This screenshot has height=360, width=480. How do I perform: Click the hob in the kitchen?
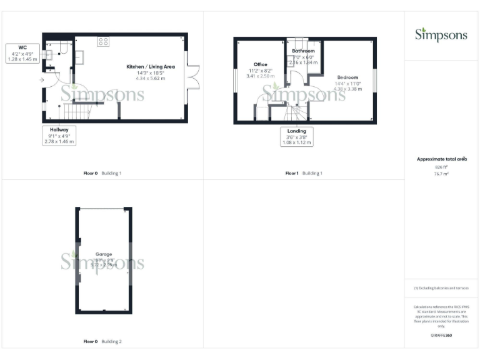103,42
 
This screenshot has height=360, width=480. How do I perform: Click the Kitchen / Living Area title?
151,66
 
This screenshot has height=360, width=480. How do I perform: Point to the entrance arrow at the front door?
42,80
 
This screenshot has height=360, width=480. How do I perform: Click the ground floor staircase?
79,112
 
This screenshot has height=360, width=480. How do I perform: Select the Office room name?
261,64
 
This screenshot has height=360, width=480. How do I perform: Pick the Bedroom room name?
347,77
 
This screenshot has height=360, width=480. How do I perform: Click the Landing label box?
297,131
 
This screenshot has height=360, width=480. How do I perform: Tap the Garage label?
104,254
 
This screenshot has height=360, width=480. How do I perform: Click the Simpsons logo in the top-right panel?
441,34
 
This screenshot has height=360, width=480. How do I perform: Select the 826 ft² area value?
442,167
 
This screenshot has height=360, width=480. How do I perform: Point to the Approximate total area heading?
442,159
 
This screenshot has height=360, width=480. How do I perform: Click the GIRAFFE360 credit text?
441,336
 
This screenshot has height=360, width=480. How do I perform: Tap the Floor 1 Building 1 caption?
304,173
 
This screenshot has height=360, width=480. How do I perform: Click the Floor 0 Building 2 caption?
102,342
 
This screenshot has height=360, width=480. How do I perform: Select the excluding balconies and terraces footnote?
441,288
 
